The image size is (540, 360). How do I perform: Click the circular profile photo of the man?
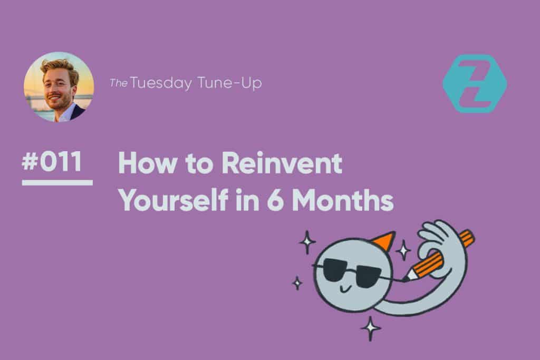(59, 87)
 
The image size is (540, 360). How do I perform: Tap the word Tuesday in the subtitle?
(161, 83)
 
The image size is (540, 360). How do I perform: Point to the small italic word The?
(119, 83)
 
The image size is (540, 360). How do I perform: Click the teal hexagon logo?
(475, 84)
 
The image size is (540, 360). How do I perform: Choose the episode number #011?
(52, 161)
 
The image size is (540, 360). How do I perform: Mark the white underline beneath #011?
(57, 183)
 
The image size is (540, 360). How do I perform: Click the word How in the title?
(147, 163)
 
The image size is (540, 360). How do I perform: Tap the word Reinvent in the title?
(282, 163)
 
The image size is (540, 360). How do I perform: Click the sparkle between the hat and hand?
(403, 250)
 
